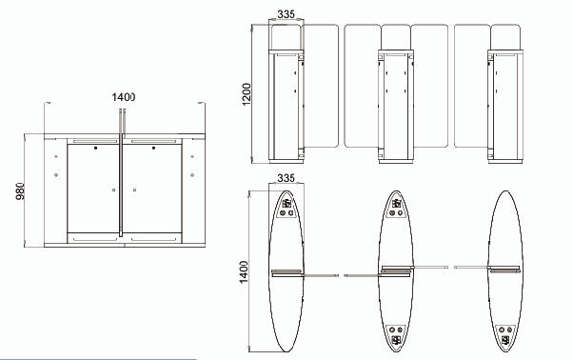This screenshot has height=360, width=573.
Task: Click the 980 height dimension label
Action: [21, 190]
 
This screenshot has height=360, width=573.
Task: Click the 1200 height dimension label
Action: [247, 94]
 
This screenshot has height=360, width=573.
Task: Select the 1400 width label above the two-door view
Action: [124, 97]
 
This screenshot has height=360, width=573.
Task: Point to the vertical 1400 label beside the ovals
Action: [244, 271]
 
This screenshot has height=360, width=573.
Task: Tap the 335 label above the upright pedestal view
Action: [286, 14]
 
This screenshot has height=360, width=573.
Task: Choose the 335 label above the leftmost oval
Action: [286, 178]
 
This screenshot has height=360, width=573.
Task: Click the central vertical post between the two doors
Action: [121, 172]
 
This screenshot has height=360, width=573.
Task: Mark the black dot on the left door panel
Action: [96, 148]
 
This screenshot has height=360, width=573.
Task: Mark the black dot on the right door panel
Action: [153, 148]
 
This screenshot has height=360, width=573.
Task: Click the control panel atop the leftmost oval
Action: [286, 208]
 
